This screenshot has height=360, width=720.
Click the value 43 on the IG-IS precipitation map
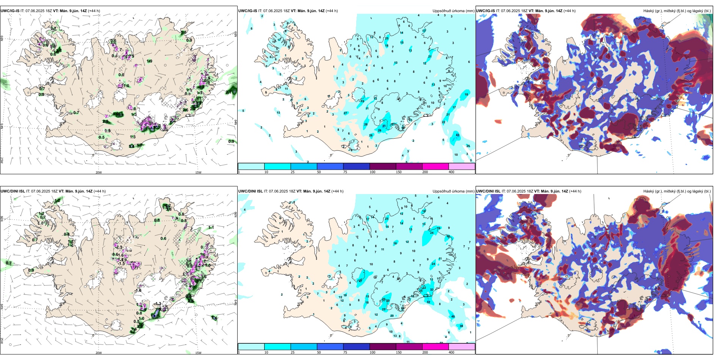click(x=457, y=135)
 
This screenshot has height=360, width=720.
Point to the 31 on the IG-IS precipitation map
click(x=384, y=126)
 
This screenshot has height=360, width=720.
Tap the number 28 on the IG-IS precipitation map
click(x=366, y=124)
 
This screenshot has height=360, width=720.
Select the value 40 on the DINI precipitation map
click(x=453, y=316)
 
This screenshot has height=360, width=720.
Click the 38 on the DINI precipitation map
click(x=461, y=326)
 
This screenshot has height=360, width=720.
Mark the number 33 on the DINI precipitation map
click(x=432, y=290)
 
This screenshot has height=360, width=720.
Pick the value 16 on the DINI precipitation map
click(x=395, y=243)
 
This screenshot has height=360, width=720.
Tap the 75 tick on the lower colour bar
click(x=345, y=352)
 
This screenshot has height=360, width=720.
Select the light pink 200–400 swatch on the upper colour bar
click(x=462, y=166)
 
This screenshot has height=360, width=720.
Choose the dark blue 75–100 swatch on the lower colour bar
click(x=356, y=347)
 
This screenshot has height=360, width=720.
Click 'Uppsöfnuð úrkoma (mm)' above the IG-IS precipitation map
click(x=453, y=11)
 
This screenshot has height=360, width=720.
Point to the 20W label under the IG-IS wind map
click(x=99, y=172)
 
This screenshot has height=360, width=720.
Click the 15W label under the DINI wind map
click(x=198, y=353)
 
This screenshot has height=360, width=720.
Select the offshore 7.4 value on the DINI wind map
click(x=214, y=318)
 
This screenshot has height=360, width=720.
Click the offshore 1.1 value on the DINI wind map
click(x=211, y=228)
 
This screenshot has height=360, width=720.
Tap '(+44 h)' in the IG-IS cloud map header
click(x=570, y=11)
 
